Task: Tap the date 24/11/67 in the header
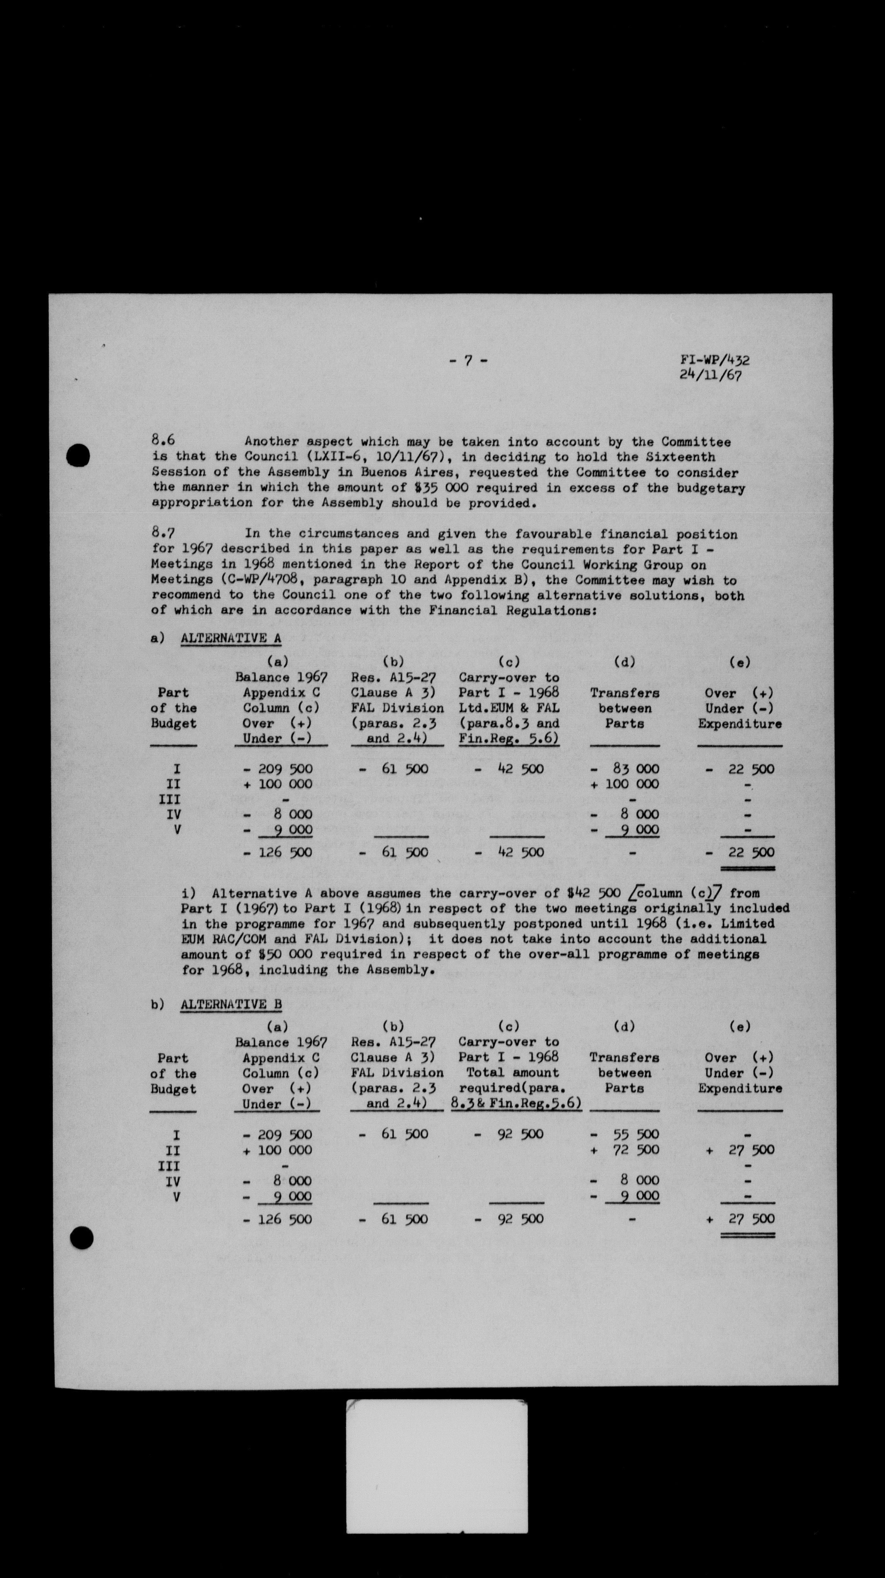711,376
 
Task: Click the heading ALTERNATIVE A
231,638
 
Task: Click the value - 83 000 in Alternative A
625,769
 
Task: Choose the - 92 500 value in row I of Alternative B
509,1134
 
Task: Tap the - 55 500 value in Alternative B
625,1134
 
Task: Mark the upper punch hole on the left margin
79,456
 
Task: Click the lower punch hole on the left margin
82,1221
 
